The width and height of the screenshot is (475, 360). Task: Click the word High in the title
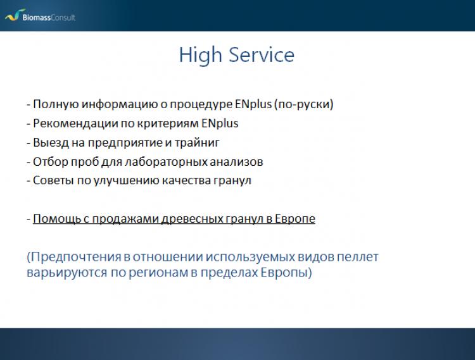[x=200, y=56]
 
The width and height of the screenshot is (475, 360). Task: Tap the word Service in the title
[x=262, y=54]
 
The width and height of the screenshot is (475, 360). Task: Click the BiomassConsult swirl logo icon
[x=15, y=15]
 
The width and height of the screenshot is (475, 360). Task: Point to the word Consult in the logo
[x=63, y=17]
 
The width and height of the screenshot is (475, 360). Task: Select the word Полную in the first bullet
[x=56, y=104]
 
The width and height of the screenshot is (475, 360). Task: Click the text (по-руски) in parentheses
[x=303, y=104]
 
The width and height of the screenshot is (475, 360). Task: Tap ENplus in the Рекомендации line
[x=220, y=123]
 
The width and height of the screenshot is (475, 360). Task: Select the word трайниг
[x=197, y=142]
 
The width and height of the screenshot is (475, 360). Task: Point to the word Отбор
[x=50, y=162]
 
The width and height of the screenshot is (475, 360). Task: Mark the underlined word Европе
[x=294, y=219]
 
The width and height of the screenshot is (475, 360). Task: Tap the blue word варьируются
[x=66, y=273]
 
